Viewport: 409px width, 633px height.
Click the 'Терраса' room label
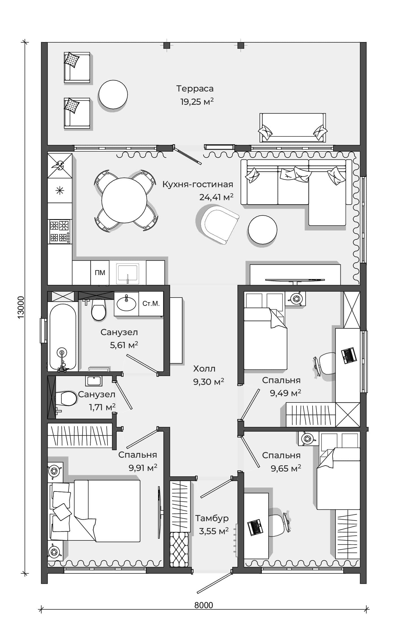(195, 89)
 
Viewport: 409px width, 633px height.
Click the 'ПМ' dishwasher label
(100, 273)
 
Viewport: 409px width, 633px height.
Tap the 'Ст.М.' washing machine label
(151, 304)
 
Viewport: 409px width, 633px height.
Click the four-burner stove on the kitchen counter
(60, 232)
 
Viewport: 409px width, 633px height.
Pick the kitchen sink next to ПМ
(128, 273)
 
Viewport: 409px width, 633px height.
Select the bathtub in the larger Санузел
(63, 337)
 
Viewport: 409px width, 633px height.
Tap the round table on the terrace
(113, 94)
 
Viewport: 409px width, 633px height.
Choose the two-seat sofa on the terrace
(293, 127)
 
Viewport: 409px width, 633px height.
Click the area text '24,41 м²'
(216, 197)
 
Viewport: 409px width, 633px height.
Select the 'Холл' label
(204, 369)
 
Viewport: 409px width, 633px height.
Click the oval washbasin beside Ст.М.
(126, 303)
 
